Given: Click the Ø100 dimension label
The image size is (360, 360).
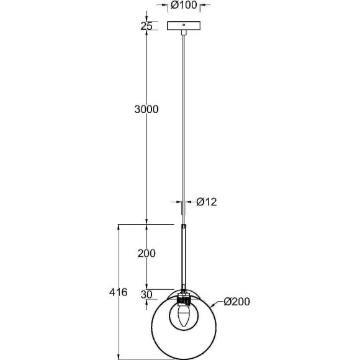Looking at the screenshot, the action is pos(184,5).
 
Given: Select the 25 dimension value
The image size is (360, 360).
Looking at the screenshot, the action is pos(146,26).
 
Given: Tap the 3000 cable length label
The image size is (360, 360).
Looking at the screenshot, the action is pos(146,109).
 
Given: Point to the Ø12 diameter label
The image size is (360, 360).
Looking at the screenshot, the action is pos(207,202).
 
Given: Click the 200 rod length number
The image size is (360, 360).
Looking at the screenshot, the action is pos(146,253).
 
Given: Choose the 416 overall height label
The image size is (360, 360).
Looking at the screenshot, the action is pos(118,292).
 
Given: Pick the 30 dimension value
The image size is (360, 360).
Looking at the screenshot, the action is pos(146,295).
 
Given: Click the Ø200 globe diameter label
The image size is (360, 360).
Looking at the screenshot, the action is pos(237,302).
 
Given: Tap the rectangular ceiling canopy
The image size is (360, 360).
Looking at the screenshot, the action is pos(184,25).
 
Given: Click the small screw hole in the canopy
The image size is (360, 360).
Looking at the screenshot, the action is pos(184,25).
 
